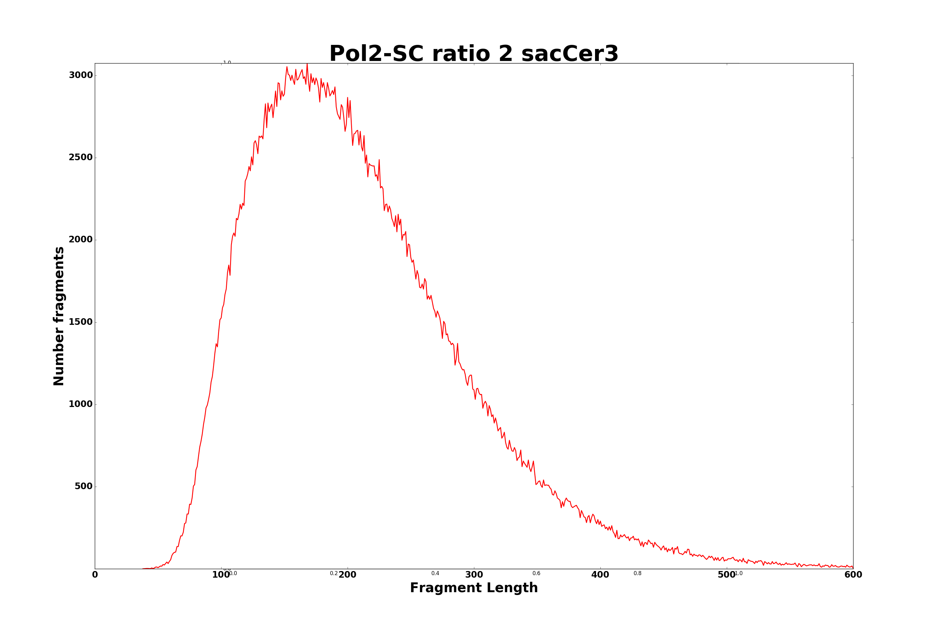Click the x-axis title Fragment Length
click(474, 588)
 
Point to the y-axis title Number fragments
click(59, 316)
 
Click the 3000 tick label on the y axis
click(81, 76)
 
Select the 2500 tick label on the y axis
click(81, 158)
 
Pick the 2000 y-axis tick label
click(81, 240)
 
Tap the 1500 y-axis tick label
click(81, 322)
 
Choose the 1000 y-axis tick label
click(81, 404)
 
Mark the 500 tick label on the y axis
click(83, 487)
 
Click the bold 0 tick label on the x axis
click(95, 575)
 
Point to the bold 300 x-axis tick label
click(474, 575)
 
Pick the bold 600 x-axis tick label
click(853, 575)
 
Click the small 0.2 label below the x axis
click(334, 574)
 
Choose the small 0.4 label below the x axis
click(435, 574)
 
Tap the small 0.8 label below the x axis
click(637, 574)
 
